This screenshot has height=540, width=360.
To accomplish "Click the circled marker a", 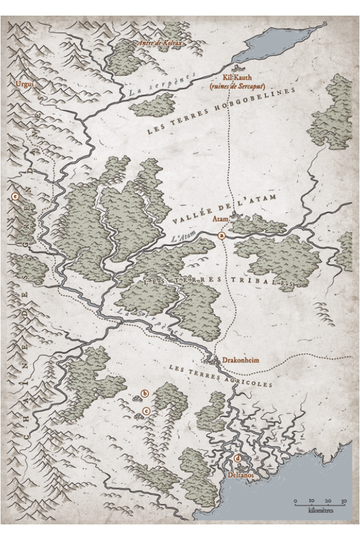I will [222, 237].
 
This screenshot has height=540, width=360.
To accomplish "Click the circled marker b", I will [144, 394].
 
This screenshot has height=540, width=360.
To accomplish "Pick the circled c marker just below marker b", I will [145, 411].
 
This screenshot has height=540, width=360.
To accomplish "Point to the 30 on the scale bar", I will [343, 500].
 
